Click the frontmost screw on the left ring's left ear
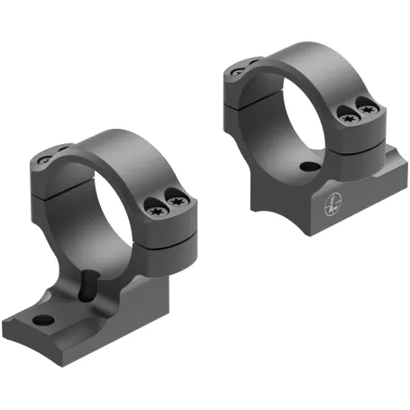pos(45,161)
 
